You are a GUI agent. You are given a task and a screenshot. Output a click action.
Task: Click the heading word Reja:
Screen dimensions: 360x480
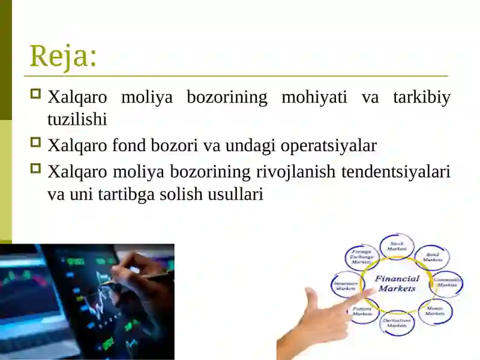pyautogui.click(x=63, y=56)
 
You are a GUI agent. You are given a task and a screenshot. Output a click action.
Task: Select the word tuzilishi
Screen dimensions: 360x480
pyautogui.click(x=77, y=119)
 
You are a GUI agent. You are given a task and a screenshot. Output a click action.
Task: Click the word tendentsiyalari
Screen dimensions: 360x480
pyautogui.click(x=395, y=172)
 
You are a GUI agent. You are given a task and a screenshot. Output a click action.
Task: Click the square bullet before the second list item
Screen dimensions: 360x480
pyautogui.click(x=35, y=143)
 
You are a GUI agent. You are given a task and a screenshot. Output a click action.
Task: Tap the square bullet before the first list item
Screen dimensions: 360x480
pyautogui.click(x=35, y=95)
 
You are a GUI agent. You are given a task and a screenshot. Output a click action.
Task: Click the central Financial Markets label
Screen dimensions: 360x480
pyautogui.click(x=397, y=283)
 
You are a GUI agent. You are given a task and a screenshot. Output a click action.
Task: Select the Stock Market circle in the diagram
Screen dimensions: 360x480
pyautogui.click(x=397, y=246)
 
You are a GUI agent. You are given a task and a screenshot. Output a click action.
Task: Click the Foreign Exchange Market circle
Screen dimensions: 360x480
pyautogui.click(x=362, y=257)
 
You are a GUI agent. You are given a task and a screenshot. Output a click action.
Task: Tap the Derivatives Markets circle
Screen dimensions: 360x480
pyautogui.click(x=397, y=322)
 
